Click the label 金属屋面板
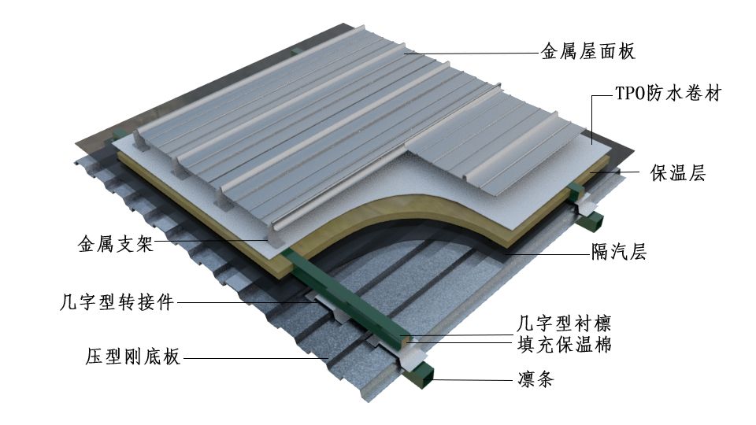[587, 53]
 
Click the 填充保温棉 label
[564, 344]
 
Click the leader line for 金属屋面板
[472, 54]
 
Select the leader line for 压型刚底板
[252, 358]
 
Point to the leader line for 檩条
[472, 380]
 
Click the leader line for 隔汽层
[543, 253]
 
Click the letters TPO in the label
[628, 94]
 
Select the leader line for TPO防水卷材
[595, 118]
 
